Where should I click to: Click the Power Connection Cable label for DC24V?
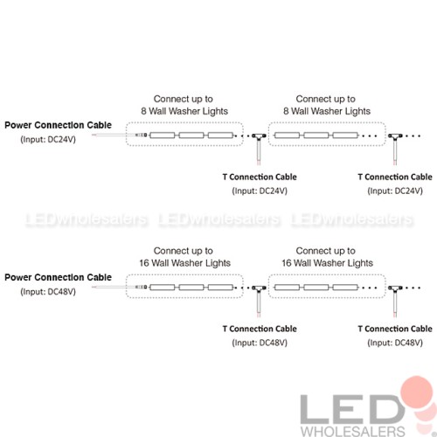coord(58,125)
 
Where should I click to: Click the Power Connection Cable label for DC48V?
coord(58,277)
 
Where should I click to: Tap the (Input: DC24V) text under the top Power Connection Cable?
coord(48,140)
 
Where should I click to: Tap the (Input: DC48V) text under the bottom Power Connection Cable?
coord(48,292)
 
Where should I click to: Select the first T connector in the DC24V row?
coord(259,136)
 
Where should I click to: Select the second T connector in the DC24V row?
coord(395,136)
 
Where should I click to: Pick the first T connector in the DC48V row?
coord(259,288)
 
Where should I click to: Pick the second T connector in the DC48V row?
coord(395,288)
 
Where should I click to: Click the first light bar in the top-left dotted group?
coord(163,135)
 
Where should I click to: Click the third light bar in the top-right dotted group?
coord(345,135)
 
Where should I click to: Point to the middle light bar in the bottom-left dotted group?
coord(191,288)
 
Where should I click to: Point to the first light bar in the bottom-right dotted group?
coord(287,288)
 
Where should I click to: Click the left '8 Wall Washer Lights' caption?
coord(184,111)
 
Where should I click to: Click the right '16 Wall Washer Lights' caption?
coord(327,263)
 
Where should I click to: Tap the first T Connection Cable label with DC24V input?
coord(260,177)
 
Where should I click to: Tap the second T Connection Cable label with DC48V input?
coord(395,329)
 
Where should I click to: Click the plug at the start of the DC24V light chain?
coord(142,135)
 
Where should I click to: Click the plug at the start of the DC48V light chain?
coord(142,288)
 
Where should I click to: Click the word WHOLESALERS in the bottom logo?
coord(353,431)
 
